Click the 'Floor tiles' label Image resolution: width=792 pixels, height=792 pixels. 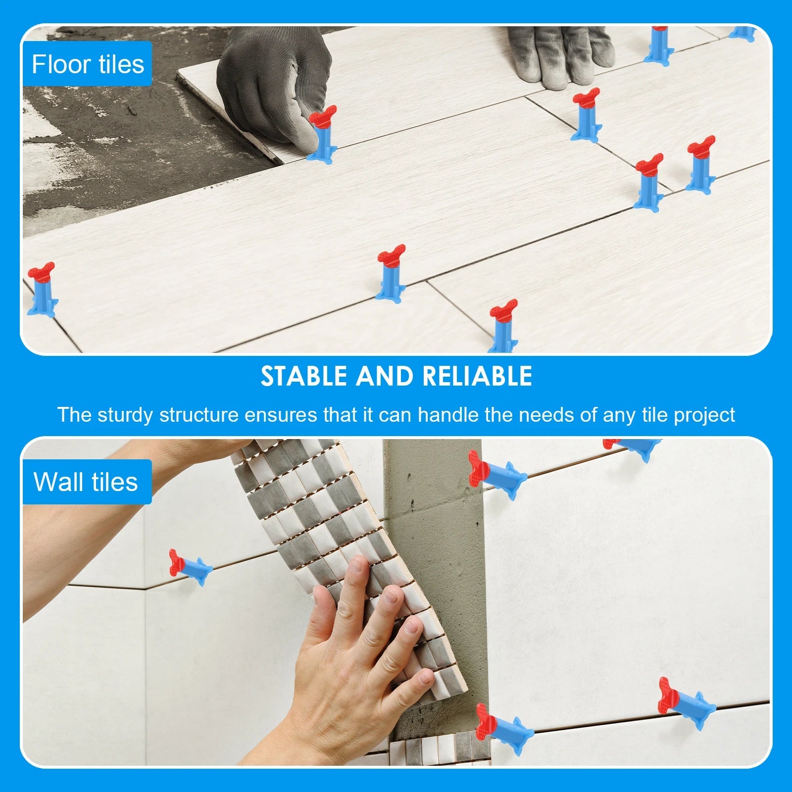87,64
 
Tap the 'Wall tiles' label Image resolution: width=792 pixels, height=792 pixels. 86,482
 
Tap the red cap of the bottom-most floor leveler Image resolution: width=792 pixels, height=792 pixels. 503,310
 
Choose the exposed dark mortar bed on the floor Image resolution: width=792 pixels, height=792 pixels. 99,148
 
